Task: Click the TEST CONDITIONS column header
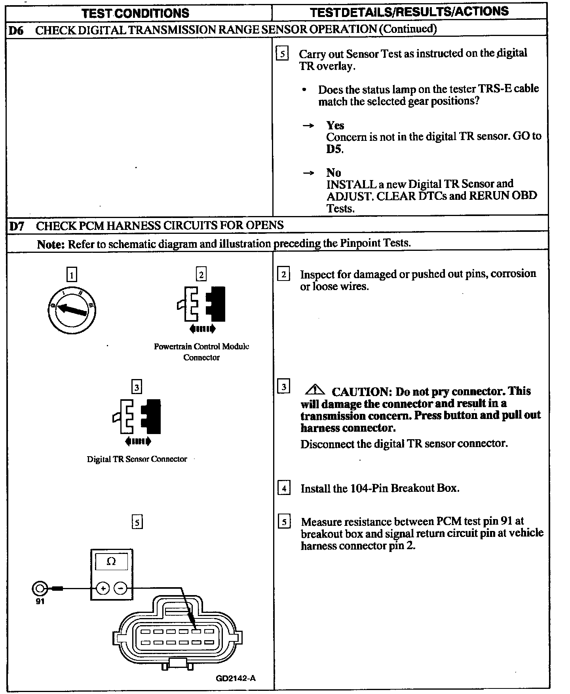click(x=135, y=13)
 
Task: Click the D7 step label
click(x=17, y=226)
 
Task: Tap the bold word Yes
click(x=335, y=125)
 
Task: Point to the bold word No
click(x=334, y=173)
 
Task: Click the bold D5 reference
click(x=334, y=150)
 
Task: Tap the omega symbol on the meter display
click(x=112, y=561)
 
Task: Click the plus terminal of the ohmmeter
click(x=103, y=588)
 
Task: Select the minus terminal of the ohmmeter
click(x=120, y=588)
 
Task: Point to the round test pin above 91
click(x=39, y=588)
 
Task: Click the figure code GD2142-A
click(x=236, y=678)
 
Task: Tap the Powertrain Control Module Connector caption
click(x=201, y=352)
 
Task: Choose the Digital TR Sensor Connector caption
click(x=137, y=459)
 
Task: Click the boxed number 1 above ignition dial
click(x=72, y=275)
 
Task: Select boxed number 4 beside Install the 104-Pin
click(x=284, y=488)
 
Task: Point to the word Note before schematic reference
click(x=51, y=245)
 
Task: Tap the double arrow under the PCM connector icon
click(x=202, y=328)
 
